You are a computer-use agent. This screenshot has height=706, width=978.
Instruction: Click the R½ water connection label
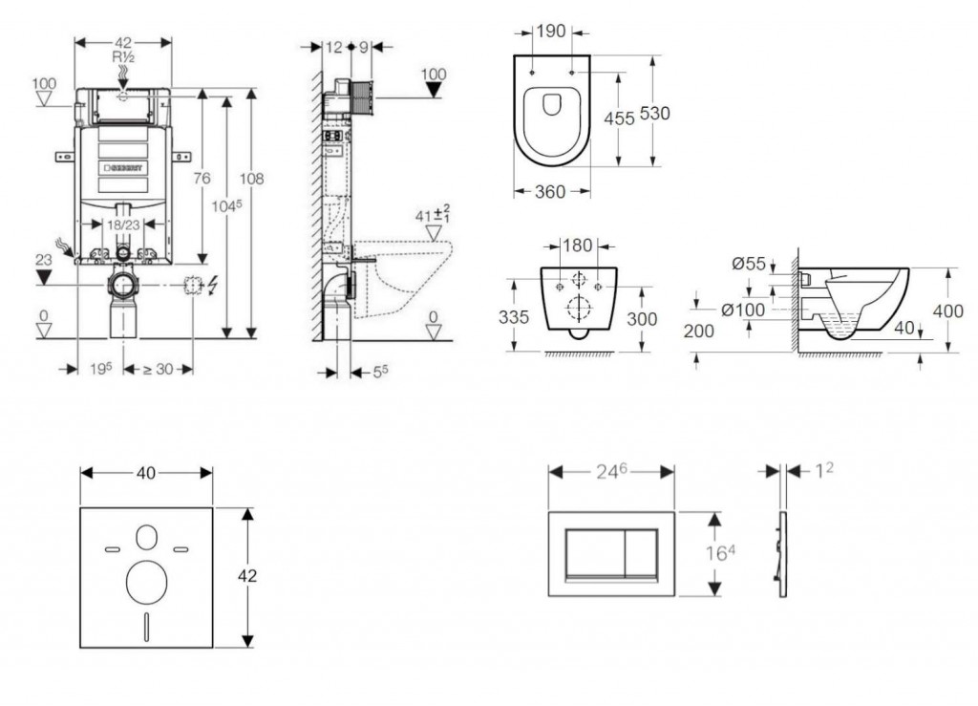pyautogui.click(x=122, y=57)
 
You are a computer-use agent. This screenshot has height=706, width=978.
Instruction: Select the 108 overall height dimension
pyautogui.click(x=251, y=178)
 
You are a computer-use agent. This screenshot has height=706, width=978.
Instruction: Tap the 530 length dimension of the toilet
pyautogui.click(x=654, y=113)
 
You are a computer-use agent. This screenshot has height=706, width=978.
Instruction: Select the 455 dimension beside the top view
pyautogui.click(x=619, y=118)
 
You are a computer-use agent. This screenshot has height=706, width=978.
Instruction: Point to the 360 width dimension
pyautogui.click(x=550, y=191)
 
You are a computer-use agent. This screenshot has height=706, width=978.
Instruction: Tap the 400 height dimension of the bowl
pyautogui.click(x=948, y=310)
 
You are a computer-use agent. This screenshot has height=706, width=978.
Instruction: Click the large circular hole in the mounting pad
pyautogui.click(x=146, y=578)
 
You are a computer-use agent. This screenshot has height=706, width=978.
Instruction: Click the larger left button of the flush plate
pyautogui.click(x=594, y=555)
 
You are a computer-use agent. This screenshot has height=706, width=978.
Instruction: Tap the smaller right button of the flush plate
pyautogui.click(x=642, y=555)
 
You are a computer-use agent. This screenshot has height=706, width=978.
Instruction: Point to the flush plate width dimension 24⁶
pyautogui.click(x=611, y=470)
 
